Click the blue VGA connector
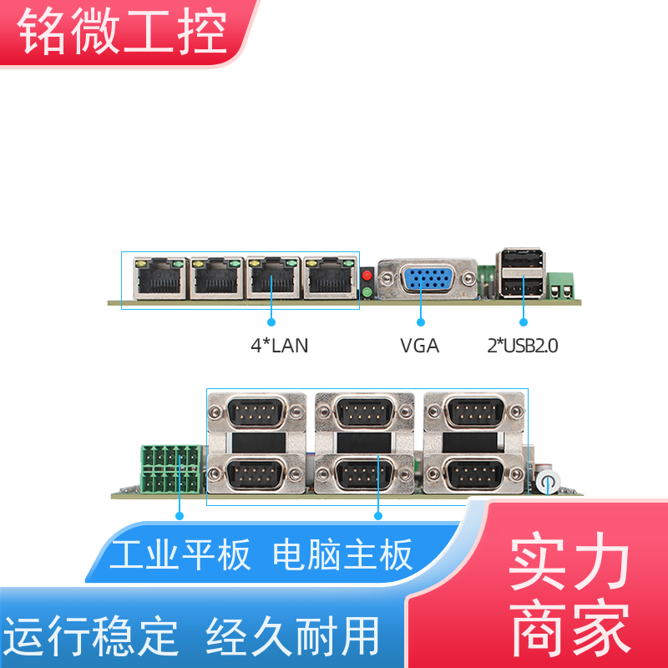click(428, 280)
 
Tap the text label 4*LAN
click(280, 346)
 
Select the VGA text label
click(420, 346)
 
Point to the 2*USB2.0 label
click(523, 346)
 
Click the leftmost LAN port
click(159, 277)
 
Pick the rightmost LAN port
click(331, 277)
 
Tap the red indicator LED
click(367, 276)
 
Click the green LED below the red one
click(367, 292)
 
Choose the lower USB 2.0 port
click(520, 287)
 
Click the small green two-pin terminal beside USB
click(560, 286)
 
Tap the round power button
click(548, 482)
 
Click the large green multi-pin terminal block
click(171, 469)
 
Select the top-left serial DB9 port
click(257, 412)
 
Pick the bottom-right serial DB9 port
click(474, 473)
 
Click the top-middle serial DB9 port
click(365, 412)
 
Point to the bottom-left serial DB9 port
click(257, 473)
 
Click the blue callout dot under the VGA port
click(421, 322)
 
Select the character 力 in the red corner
click(600, 560)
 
